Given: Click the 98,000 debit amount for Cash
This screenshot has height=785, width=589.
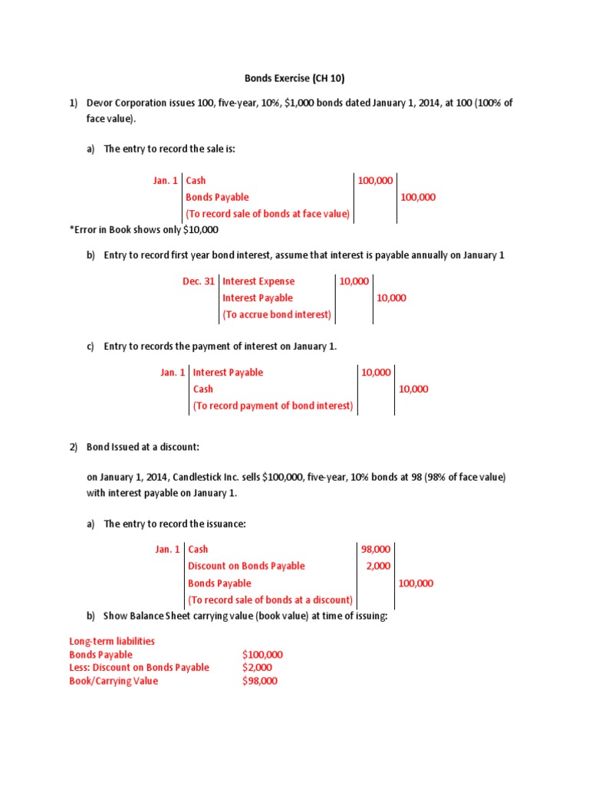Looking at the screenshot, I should tap(375, 549).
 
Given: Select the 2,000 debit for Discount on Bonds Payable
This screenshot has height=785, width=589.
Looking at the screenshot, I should tap(378, 566).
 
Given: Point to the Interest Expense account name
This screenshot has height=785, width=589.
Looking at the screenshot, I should tap(258, 281).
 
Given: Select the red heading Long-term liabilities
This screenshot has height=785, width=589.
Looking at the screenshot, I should tap(112, 641).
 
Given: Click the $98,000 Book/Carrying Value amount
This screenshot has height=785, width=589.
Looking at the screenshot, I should tap(259, 681).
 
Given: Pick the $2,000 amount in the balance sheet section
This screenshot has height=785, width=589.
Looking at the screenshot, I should tap(256, 668).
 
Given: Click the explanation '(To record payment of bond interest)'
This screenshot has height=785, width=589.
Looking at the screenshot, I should tap(273, 406).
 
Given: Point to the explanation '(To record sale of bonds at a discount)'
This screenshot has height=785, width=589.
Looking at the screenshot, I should tap(270, 599).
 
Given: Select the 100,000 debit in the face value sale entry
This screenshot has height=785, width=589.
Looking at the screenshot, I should tap(375, 180).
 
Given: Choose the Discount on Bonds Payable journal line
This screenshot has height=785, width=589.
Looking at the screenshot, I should tap(246, 566).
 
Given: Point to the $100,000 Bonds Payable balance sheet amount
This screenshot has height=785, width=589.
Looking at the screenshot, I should tap(262, 655).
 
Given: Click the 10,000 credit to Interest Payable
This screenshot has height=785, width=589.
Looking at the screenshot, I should tap(391, 298).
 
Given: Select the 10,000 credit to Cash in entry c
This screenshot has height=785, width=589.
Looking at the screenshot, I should tap(413, 389).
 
